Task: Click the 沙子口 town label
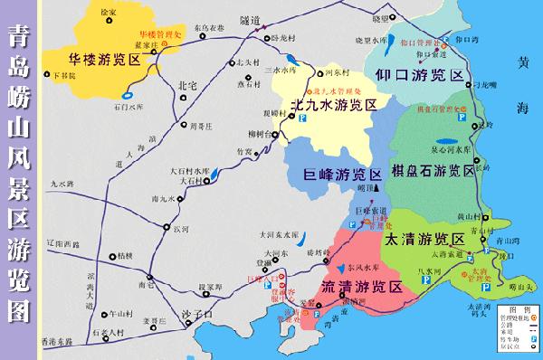tap(197, 314)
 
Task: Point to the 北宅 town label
tap(189, 85)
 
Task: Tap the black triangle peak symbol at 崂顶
tap(376, 185)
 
